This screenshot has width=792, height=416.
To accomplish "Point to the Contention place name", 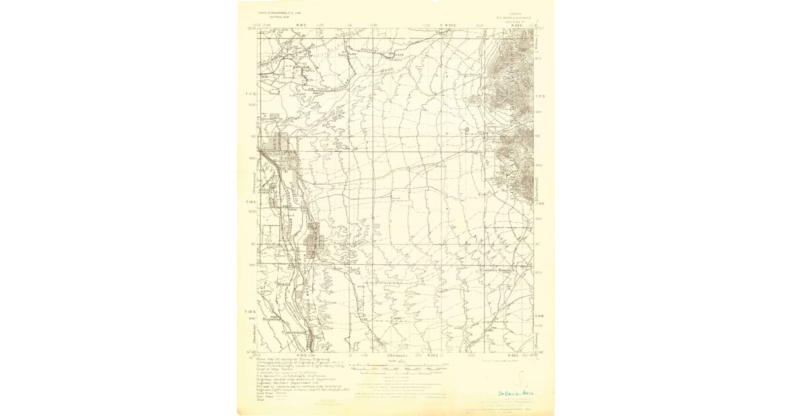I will [294, 332].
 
